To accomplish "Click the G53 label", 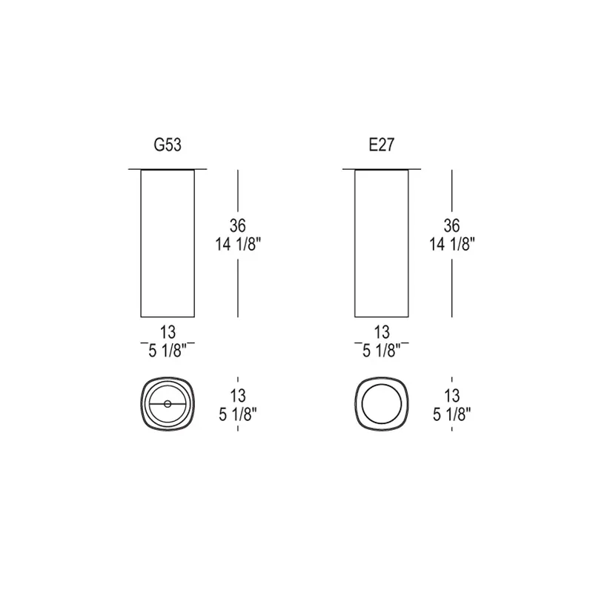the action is pos(168,145).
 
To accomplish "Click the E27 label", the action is pos(382,145).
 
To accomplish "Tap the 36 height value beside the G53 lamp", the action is pos(237,226).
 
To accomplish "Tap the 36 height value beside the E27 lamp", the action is pos(451,226).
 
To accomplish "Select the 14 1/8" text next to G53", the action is pos(238,245).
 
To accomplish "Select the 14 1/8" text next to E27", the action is pos(452,245).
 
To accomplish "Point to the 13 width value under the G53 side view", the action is pos(168,332).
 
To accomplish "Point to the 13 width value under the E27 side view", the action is pos(382,332).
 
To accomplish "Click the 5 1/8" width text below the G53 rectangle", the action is pos(168,351).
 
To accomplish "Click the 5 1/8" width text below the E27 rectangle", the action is pos(382,351).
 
